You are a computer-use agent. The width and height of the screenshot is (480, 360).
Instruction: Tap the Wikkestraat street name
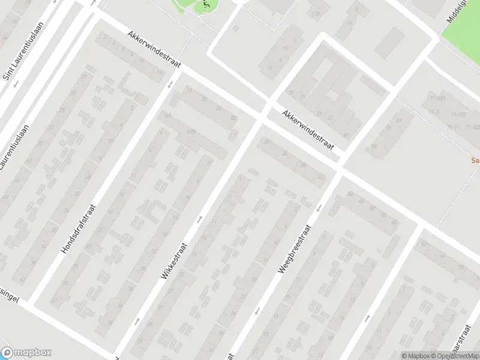pyautogui.click(x=175, y=260)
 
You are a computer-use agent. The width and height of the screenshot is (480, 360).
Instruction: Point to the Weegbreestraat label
pyautogui.click(x=293, y=249)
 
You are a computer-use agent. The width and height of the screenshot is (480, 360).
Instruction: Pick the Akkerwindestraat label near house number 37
pyautogui.click(x=308, y=131)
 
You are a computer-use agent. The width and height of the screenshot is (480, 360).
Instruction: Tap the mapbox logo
pyautogui.click(x=26, y=353)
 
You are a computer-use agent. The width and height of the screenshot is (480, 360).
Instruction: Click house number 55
pyautogui.click(x=374, y=146)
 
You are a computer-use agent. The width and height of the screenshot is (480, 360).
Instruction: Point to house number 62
pyautogui.click(x=424, y=243)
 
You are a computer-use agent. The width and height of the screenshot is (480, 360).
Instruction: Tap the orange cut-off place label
pyautogui.click(x=475, y=161)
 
